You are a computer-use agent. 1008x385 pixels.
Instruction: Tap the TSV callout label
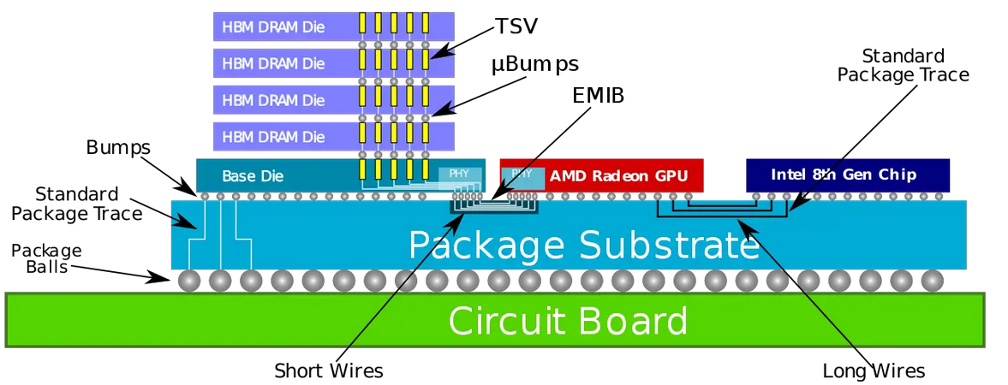tap(516, 27)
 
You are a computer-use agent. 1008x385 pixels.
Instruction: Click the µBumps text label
tap(535, 64)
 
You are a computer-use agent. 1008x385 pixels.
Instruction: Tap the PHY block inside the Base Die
tap(454, 175)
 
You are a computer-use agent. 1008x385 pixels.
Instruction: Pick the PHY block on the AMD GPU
tap(522, 174)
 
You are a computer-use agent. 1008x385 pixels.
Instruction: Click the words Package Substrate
tap(583, 245)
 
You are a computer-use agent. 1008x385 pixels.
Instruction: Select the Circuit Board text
tap(568, 321)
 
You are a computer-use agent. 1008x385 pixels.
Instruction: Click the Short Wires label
tap(328, 370)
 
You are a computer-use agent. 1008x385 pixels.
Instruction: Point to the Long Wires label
tap(873, 370)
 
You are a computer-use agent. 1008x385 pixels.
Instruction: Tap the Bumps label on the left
tap(118, 147)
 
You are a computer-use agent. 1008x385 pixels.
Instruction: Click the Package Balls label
tap(46, 258)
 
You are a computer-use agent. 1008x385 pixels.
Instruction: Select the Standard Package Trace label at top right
tap(903, 66)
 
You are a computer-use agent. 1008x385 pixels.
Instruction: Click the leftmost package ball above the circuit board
tap(189, 280)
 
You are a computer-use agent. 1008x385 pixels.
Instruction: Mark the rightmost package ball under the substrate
tap(932, 280)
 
